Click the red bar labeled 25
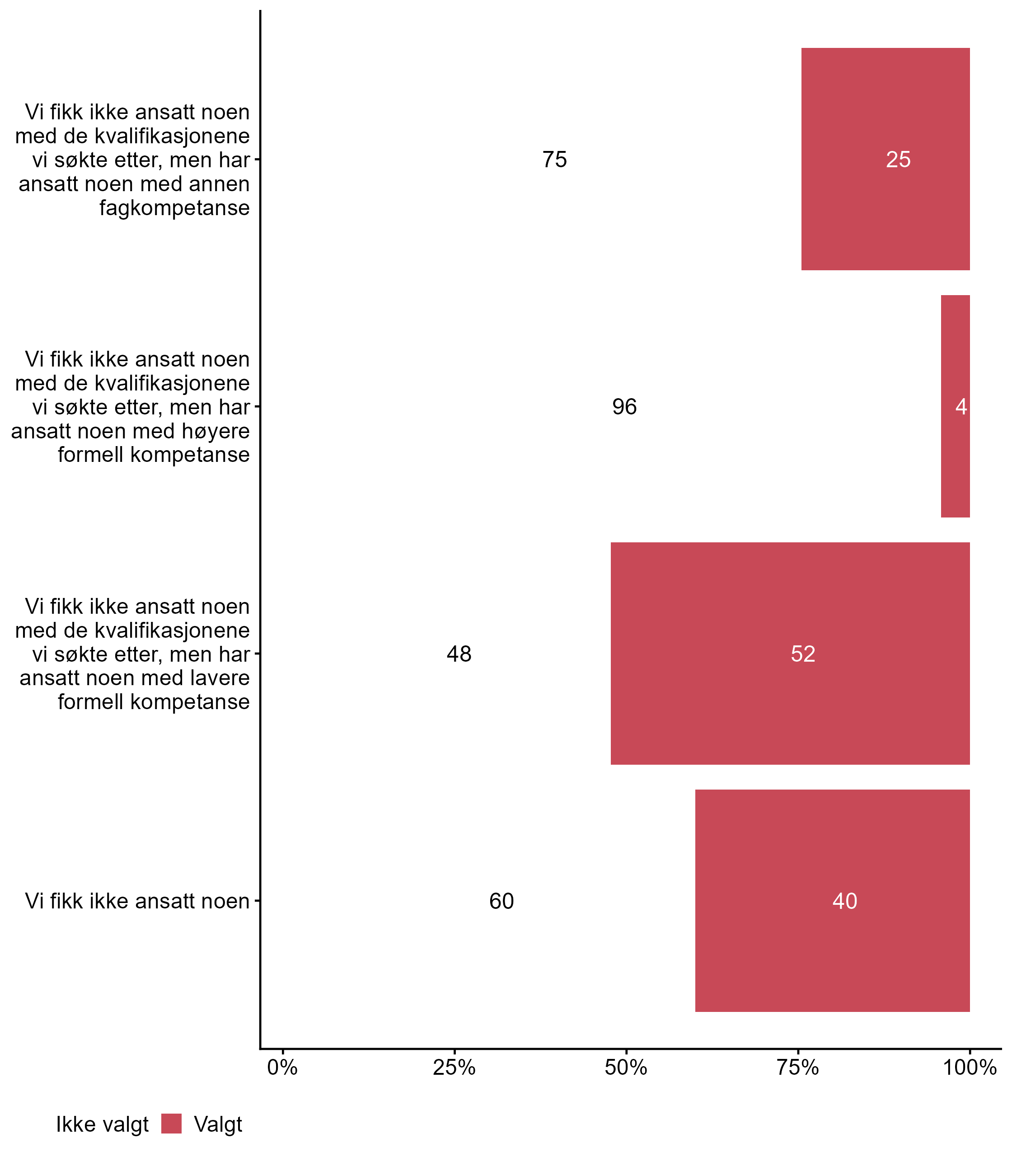tap(885, 159)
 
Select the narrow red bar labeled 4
tap(955, 406)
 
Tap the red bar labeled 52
tap(790, 654)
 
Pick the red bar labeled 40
tap(832, 900)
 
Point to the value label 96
tap(624, 407)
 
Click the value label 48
tap(459, 654)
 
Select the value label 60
tap(501, 901)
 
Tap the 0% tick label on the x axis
tap(282, 1067)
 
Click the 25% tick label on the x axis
tap(454, 1067)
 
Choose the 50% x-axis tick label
tap(626, 1067)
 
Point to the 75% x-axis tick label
tap(797, 1067)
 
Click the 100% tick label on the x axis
tap(970, 1067)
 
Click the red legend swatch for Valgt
tap(171, 1124)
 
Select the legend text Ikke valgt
tap(102, 1125)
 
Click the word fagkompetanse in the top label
tap(174, 208)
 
